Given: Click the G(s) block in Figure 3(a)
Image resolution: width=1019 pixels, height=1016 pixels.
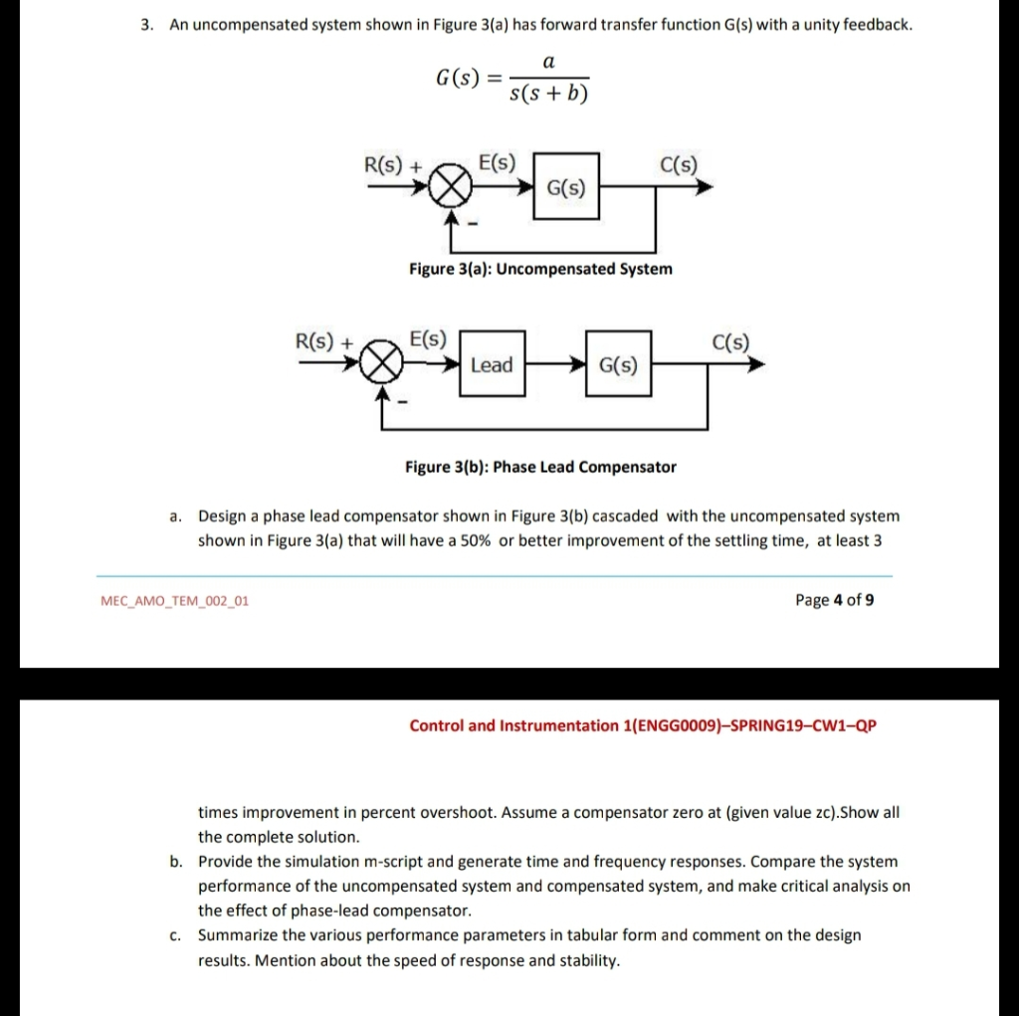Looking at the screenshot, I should [566, 187].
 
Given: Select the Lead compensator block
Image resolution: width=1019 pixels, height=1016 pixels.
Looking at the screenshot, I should [492, 365].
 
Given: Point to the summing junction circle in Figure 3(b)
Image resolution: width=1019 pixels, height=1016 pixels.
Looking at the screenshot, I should [382, 365].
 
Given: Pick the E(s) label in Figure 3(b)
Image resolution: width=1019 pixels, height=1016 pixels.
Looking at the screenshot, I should [429, 338].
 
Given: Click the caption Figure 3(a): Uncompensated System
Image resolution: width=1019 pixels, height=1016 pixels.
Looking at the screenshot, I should [540, 269].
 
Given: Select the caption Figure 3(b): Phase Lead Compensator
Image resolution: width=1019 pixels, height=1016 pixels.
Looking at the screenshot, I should [540, 467].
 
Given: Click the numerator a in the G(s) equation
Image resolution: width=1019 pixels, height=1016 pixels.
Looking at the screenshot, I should [547, 62].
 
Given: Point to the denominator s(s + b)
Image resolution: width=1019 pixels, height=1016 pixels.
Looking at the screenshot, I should [548, 95].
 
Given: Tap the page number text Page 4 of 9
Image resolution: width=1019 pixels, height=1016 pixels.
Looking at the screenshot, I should [835, 600].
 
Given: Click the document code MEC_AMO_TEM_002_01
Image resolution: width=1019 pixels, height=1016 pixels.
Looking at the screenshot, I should [175, 601].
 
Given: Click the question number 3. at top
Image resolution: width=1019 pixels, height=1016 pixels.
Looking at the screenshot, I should [146, 24].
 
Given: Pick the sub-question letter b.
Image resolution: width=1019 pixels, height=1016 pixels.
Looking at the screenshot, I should [175, 862].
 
